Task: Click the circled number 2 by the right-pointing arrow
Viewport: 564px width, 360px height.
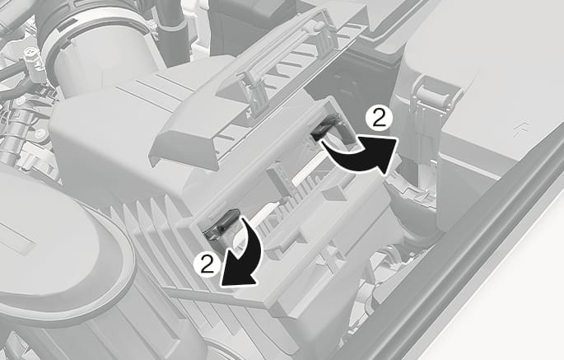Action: pyautogui.click(x=379, y=119)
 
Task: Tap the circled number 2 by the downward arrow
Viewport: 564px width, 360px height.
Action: pyautogui.click(x=207, y=265)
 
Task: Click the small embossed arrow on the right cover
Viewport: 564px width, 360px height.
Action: pyautogui.click(x=518, y=129)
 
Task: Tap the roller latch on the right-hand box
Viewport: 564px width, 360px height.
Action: pyautogui.click(x=436, y=93)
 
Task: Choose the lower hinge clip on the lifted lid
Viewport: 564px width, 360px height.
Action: pyautogui.click(x=254, y=91)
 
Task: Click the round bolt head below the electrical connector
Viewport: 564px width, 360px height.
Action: pyautogui.click(x=39, y=133)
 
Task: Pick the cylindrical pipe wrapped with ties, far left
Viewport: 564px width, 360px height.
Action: pyautogui.click(x=10, y=139)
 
